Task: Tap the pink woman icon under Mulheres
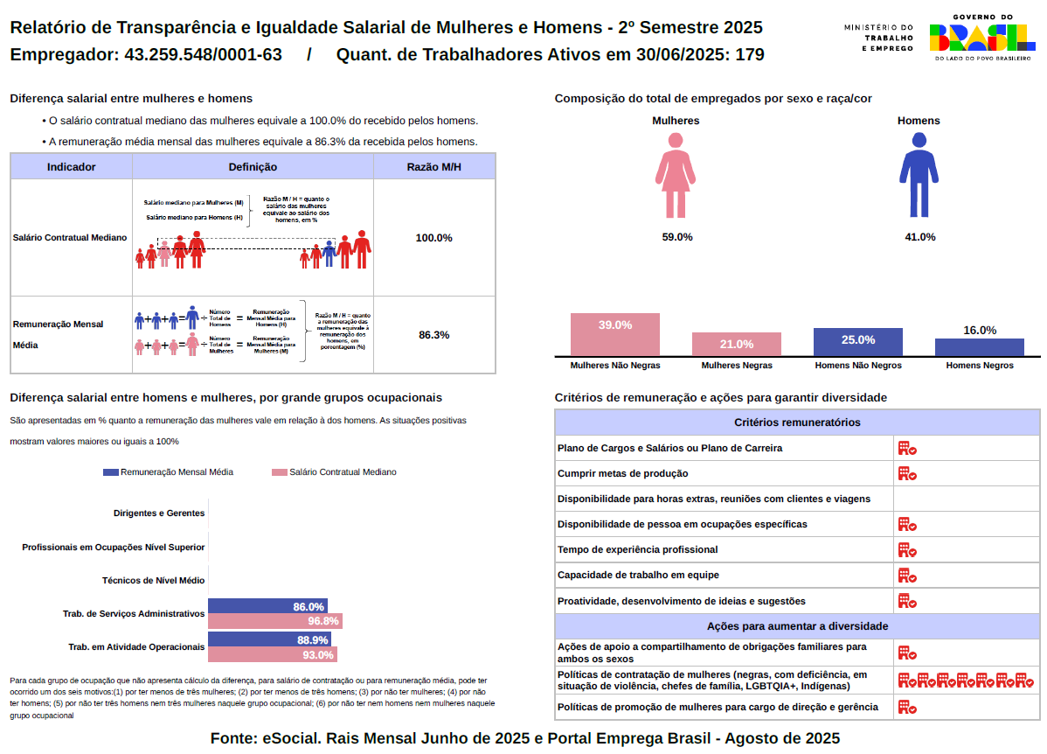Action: pos(675,175)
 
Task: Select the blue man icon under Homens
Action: pos(918,175)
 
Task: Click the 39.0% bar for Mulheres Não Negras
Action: pos(614,334)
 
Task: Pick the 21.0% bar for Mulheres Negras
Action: pos(736,344)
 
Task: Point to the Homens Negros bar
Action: pos(979,347)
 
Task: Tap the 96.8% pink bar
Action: pos(275,621)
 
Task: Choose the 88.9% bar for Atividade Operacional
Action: pos(270,639)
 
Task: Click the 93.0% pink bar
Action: pos(273,654)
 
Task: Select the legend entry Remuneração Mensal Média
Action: pos(169,472)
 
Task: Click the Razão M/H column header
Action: pos(433,166)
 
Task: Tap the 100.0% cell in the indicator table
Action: pos(433,238)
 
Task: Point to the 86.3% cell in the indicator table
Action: pos(433,335)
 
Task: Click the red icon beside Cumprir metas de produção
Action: pos(907,474)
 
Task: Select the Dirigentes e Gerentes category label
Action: pos(159,513)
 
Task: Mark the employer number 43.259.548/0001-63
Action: pos(204,55)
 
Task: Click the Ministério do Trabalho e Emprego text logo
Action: pos(878,38)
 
